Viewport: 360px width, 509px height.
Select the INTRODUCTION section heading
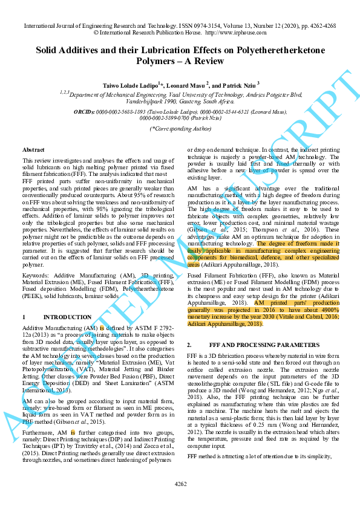pyautogui.click(x=68, y=317)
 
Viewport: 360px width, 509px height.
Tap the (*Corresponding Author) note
pyautogui.click(x=180, y=128)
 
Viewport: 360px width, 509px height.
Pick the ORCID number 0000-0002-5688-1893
pyautogui.click(x=114, y=112)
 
